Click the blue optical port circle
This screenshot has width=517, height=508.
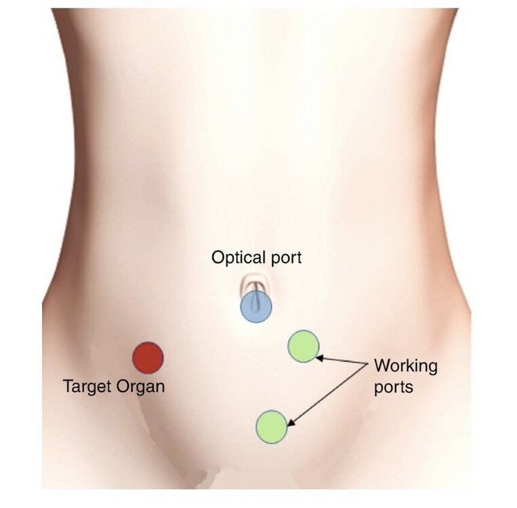click(x=256, y=307)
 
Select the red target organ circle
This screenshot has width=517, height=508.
click(x=148, y=358)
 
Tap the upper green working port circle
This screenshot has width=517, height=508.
click(x=304, y=346)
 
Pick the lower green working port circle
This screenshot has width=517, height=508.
click(x=272, y=427)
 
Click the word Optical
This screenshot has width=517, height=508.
click(x=239, y=258)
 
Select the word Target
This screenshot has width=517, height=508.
click(x=87, y=387)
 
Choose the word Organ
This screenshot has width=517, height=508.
click(x=140, y=387)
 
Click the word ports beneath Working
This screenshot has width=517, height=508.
click(x=394, y=387)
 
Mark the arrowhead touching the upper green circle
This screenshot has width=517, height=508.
click(x=319, y=357)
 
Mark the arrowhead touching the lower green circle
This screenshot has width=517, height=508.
click(x=291, y=423)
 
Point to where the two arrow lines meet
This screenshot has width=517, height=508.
click(x=368, y=363)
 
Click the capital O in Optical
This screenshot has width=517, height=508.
click(x=218, y=257)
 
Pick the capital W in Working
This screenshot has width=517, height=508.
click(x=383, y=366)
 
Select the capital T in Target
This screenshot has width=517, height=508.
click(x=68, y=386)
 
